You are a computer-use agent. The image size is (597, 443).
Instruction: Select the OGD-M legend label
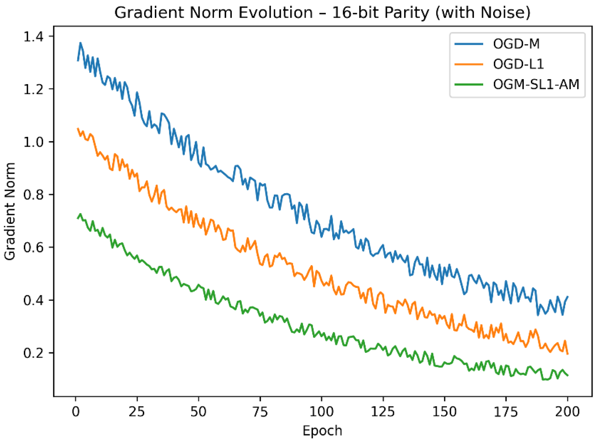pos(516,44)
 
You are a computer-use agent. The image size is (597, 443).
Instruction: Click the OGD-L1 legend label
pos(518,64)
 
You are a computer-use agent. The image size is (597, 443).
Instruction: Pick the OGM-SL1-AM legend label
pos(536,84)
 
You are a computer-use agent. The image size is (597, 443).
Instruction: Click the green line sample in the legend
pos(469,84)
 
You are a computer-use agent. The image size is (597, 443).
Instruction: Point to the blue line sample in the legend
pos(469,44)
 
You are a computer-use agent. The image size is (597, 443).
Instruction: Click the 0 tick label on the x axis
pos(76,411)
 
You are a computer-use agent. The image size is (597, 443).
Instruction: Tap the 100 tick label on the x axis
pos(321,411)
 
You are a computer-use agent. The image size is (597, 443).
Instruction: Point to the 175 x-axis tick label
pos(506,411)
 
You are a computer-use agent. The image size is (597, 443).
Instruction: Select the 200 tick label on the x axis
pos(567,411)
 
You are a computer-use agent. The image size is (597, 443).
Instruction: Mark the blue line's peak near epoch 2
pos(80,43)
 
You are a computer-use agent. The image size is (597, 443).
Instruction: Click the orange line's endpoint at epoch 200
pos(568,354)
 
